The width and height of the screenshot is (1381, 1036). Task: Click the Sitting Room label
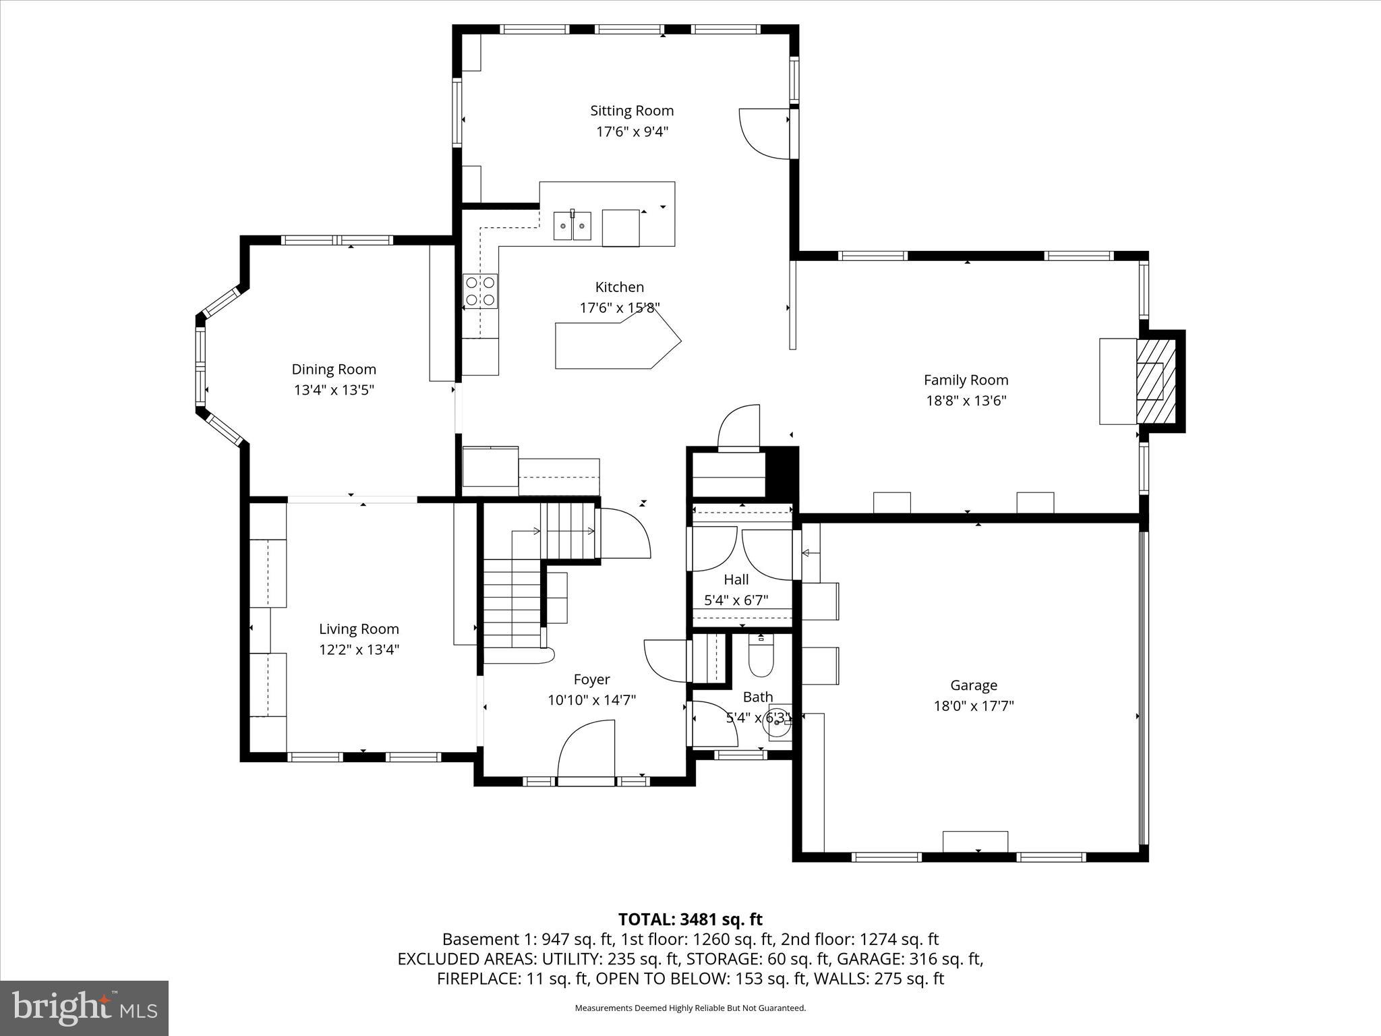click(x=632, y=111)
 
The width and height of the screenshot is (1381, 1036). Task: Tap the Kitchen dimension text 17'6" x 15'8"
click(x=620, y=308)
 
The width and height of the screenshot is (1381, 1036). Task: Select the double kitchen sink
click(x=572, y=226)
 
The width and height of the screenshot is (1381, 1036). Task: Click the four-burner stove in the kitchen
click(x=480, y=291)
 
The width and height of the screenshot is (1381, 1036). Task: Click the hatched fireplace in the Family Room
click(x=1156, y=380)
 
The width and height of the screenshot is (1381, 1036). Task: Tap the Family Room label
click(x=966, y=380)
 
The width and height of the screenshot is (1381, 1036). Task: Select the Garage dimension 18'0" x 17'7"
click(x=974, y=706)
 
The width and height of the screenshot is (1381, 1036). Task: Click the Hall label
click(x=736, y=579)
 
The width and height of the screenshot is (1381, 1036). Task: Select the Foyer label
click(x=591, y=679)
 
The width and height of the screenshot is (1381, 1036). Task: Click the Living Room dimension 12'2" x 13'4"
click(x=359, y=650)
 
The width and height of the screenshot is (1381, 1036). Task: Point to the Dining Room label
click(x=334, y=369)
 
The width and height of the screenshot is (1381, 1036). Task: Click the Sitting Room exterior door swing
click(x=763, y=134)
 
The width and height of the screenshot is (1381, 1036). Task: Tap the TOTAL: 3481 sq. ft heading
click(x=690, y=919)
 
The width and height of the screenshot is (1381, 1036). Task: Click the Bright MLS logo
click(x=84, y=1008)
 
